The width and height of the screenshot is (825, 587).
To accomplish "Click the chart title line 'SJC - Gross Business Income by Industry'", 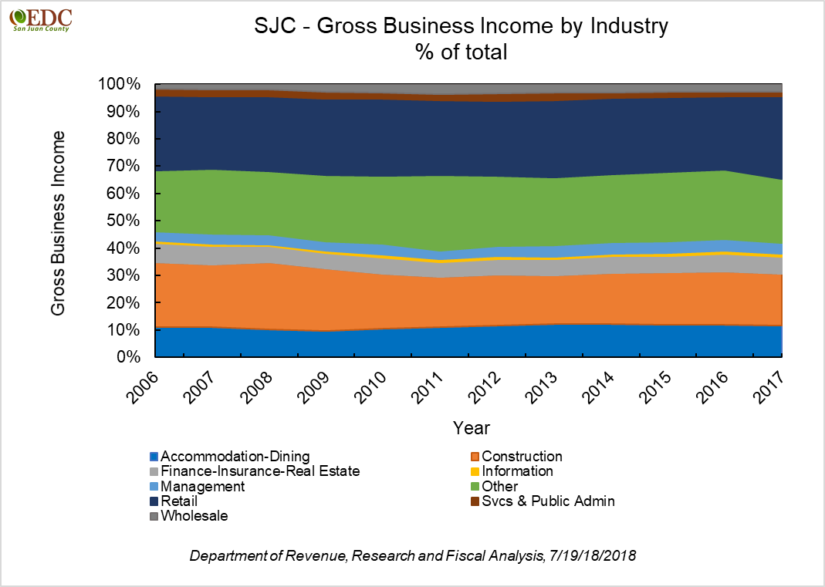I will point(461,27).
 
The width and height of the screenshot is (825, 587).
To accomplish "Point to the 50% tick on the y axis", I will point(123,221).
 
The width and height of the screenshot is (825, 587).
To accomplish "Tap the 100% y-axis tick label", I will point(120,84).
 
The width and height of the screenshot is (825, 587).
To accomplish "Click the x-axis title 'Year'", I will point(471,427).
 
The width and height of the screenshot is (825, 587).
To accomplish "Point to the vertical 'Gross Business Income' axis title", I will point(58,223).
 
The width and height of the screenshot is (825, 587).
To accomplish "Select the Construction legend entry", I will point(517,457).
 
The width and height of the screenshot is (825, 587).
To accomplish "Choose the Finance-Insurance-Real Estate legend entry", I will point(254,471).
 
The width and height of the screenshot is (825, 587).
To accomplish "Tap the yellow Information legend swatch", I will point(475,471).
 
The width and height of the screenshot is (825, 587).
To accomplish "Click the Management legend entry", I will point(197,487).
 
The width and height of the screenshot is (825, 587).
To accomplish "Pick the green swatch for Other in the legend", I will point(475,487).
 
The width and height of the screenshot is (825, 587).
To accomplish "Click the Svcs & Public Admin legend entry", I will point(543,501).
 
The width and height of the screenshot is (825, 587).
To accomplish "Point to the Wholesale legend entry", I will point(188,516).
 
